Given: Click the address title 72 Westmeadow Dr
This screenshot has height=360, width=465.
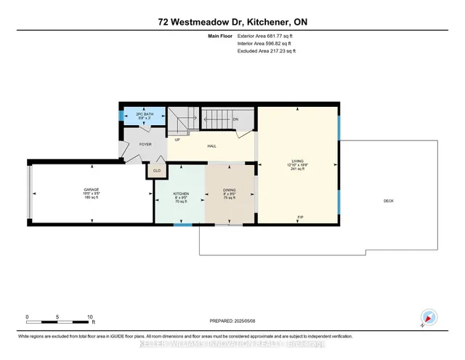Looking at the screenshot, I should coord(232,24).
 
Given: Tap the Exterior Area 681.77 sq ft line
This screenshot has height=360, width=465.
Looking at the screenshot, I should coord(267,35).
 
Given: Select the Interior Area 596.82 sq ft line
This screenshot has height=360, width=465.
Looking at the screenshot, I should coord(266,43).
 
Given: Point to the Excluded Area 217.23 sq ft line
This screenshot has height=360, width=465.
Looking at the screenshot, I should coord(267,51).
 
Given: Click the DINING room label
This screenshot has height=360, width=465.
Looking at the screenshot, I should coord(230,191).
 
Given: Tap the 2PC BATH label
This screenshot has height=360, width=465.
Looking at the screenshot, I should coord(144,115).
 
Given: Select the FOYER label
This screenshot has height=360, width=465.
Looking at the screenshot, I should coord(145,145).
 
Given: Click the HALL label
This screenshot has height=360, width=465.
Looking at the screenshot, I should coord(212,146).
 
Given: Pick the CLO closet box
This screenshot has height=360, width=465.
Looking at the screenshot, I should coord(156,171).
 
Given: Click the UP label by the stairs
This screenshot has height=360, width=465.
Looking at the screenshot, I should coord(177,139).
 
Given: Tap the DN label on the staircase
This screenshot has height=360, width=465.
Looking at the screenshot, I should coord(235,120).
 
